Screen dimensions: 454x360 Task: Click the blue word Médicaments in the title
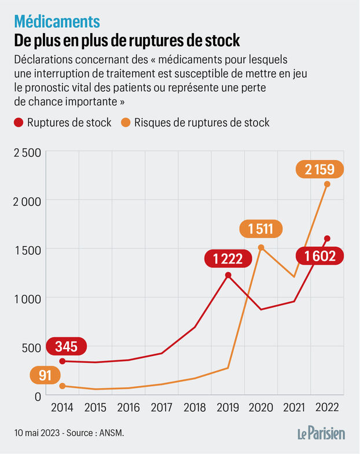pyautogui.click(x=57, y=21)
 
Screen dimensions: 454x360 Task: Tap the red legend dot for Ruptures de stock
pyautogui.click(x=19, y=123)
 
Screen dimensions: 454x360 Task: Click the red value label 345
pyautogui.click(x=67, y=347)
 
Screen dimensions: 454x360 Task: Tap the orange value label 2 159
pyautogui.click(x=319, y=170)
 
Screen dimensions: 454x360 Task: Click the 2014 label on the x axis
pyautogui.click(x=62, y=407)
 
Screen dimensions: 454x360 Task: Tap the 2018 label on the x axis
pyautogui.click(x=194, y=407)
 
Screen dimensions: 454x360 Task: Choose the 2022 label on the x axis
pyautogui.click(x=327, y=407)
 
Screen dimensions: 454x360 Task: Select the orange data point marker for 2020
pyautogui.click(x=261, y=247)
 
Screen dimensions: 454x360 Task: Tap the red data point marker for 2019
pyautogui.click(x=228, y=275)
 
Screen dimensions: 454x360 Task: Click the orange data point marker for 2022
pyautogui.click(x=327, y=184)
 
